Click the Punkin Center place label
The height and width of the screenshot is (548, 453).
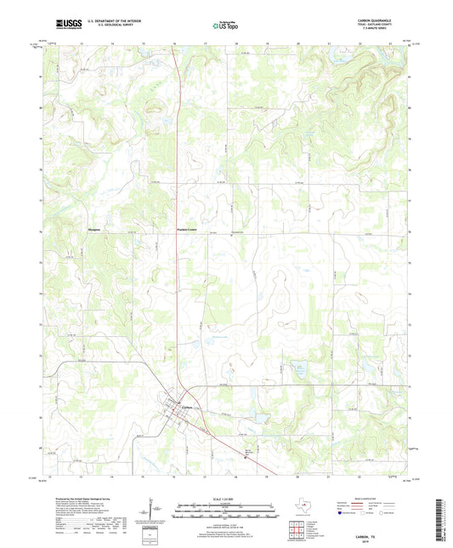pos(187,229)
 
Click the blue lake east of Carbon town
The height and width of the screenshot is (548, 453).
pos(298,369)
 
